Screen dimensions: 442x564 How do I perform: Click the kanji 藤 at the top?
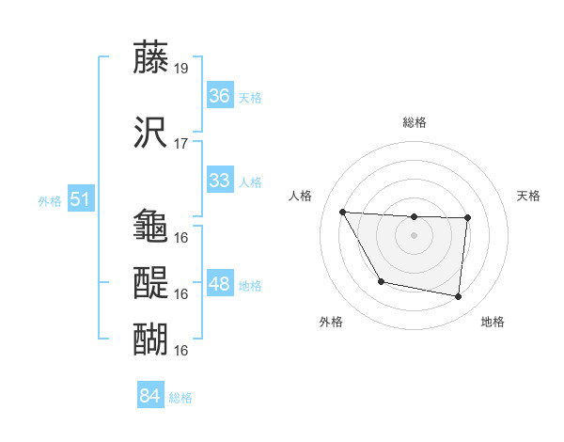(x=151, y=58)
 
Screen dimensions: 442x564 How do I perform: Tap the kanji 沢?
(x=151, y=133)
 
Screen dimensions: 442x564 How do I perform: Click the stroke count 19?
(x=181, y=69)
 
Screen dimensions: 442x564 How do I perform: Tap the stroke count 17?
(x=181, y=144)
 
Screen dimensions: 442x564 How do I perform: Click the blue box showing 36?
(x=219, y=95)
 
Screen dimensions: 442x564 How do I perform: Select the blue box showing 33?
(x=219, y=181)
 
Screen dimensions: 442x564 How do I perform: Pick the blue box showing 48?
(x=219, y=283)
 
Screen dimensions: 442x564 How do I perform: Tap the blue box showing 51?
(x=80, y=198)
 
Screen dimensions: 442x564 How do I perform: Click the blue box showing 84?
(x=149, y=396)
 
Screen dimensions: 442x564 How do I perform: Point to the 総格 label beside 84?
(x=180, y=398)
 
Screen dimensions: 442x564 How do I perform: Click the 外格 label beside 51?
(x=50, y=200)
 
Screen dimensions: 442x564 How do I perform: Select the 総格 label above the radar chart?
(x=414, y=122)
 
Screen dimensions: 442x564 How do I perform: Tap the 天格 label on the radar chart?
(x=529, y=196)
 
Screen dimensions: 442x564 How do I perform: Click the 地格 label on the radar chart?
(x=493, y=322)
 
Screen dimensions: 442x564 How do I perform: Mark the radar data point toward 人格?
(x=343, y=212)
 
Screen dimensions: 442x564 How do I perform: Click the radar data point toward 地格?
(x=458, y=297)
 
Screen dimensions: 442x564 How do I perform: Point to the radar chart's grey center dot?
(x=414, y=235)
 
